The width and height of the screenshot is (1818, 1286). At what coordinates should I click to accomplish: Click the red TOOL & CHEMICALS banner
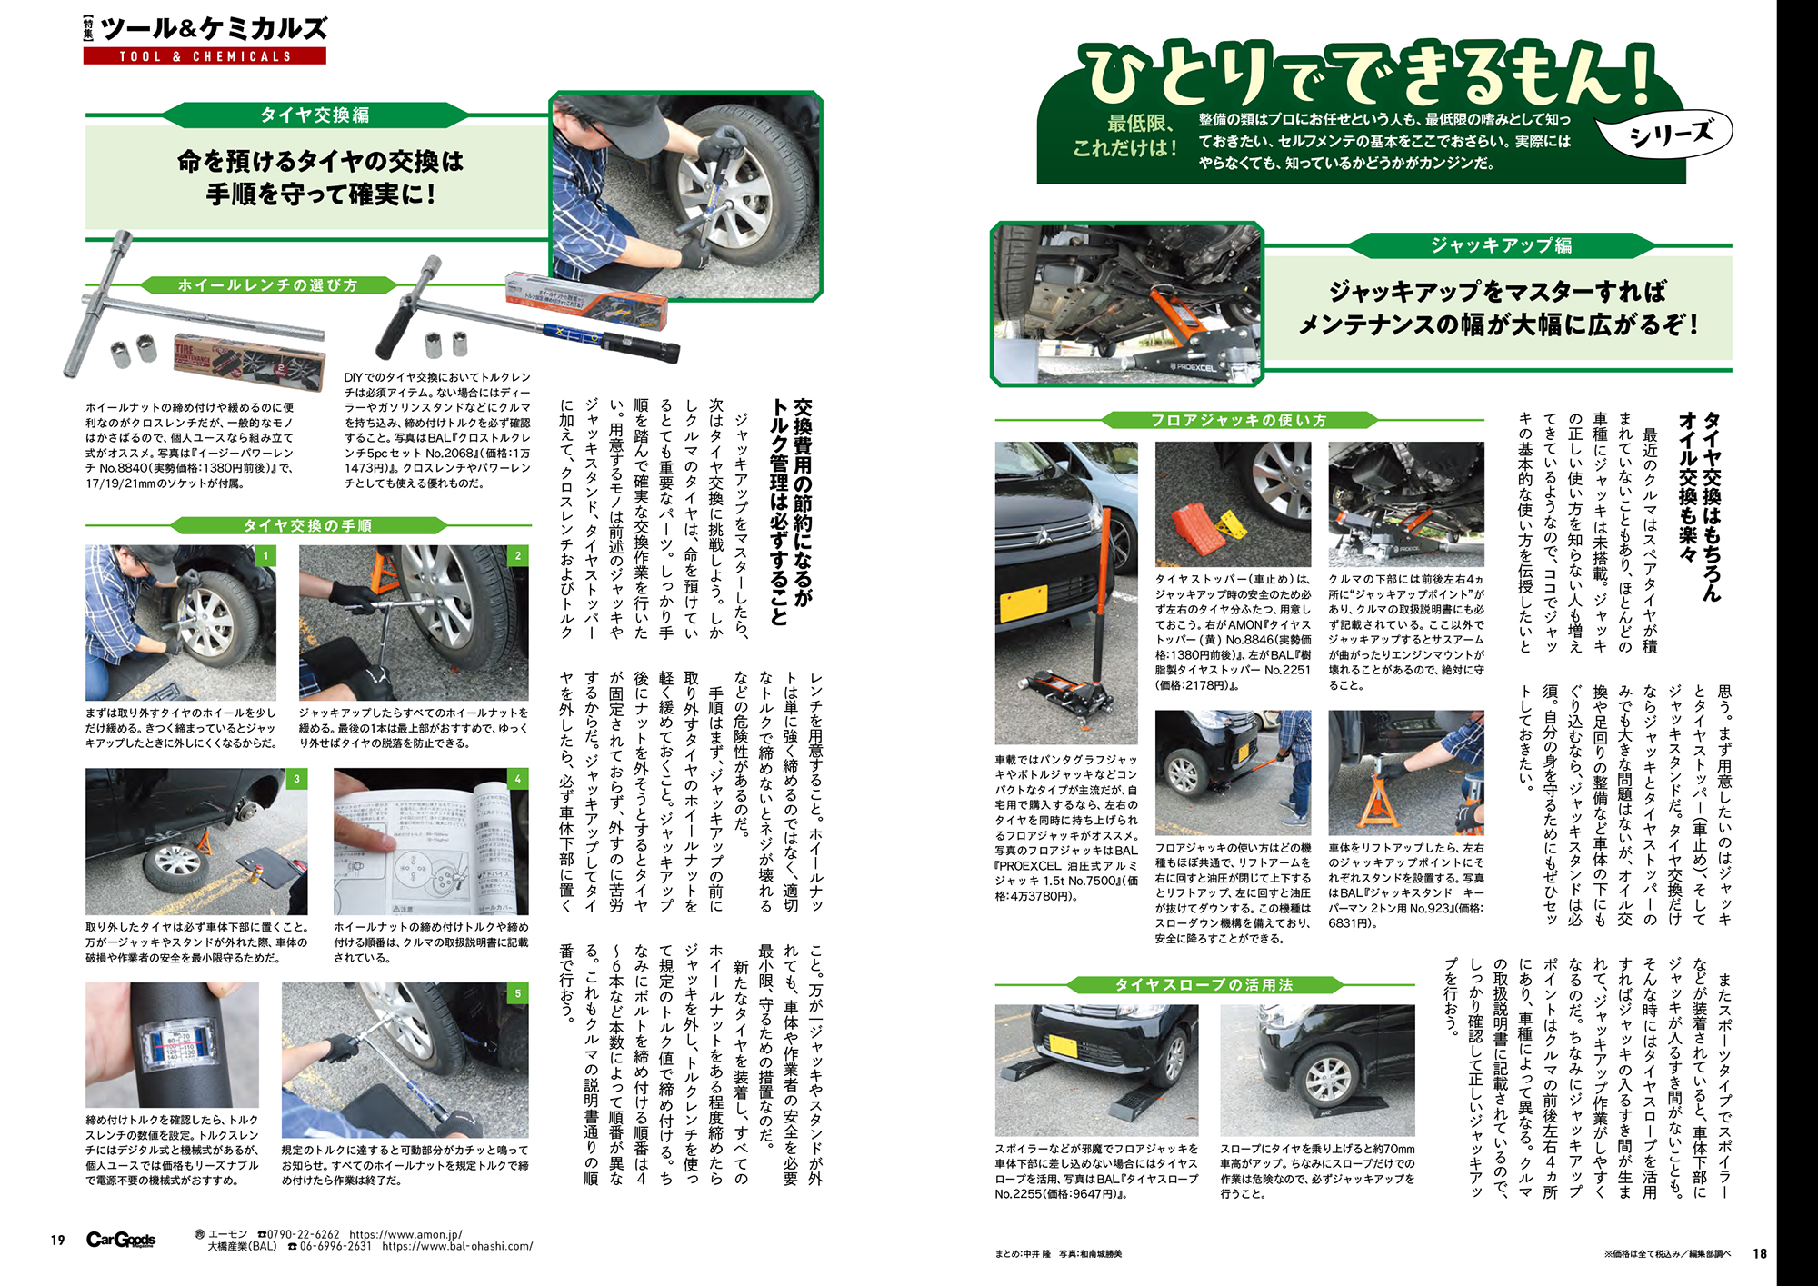[205, 55]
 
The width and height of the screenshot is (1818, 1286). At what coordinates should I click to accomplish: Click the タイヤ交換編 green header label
[315, 115]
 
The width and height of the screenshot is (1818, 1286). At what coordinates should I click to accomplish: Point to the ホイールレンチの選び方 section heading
[267, 284]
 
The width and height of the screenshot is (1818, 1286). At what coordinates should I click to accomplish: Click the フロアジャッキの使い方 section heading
[1238, 420]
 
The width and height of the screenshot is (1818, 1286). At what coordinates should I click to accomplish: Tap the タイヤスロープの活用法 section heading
[1204, 984]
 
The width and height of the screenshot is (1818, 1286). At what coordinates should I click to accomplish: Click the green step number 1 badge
[265, 555]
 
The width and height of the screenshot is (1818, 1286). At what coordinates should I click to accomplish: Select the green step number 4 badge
[518, 779]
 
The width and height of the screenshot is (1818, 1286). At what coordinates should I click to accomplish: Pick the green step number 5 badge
[518, 993]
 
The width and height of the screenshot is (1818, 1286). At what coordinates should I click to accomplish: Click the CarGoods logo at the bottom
[121, 1240]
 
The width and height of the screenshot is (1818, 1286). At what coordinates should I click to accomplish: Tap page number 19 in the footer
[58, 1240]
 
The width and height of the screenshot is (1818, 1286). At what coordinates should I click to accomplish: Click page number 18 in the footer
[1760, 1253]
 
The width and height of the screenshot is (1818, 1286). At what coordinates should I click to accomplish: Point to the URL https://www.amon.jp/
[405, 1234]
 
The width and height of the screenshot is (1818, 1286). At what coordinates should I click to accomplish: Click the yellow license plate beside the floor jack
[1023, 603]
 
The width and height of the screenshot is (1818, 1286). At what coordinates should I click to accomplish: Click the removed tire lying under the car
[175, 866]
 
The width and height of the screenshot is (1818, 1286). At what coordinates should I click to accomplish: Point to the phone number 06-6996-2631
[335, 1247]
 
